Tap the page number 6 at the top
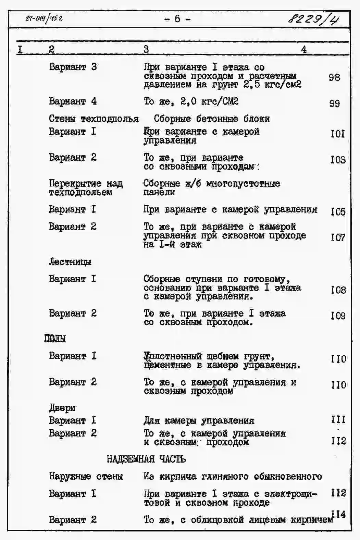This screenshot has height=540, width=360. pyautogui.click(x=177, y=19)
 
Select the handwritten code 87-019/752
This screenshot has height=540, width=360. pyautogui.click(x=44, y=18)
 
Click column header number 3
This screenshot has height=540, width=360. pyautogui.click(x=146, y=49)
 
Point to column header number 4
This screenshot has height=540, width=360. pyautogui.click(x=303, y=49)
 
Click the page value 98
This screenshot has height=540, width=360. pyautogui.click(x=334, y=77)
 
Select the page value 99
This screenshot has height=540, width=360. pyautogui.click(x=334, y=103)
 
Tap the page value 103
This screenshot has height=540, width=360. pyautogui.click(x=338, y=160)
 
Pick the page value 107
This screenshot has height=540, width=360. pyautogui.click(x=338, y=237)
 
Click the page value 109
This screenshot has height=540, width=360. pyautogui.click(x=338, y=316)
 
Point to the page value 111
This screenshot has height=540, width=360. pyautogui.click(x=338, y=420)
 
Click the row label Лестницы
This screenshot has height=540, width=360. pyautogui.click(x=70, y=262)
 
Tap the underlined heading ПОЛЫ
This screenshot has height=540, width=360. pyautogui.click(x=55, y=339)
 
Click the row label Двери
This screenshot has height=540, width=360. pyautogui.click(x=62, y=408)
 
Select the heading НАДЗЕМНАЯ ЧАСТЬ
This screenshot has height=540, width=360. pyautogui.click(x=146, y=459)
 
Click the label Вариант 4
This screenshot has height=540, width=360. pyautogui.click(x=73, y=101)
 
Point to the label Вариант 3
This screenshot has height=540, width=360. pyautogui.click(x=73, y=67)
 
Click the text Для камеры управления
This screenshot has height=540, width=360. pyautogui.click(x=199, y=420)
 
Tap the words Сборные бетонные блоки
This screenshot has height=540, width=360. pyautogui.click(x=211, y=119)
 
